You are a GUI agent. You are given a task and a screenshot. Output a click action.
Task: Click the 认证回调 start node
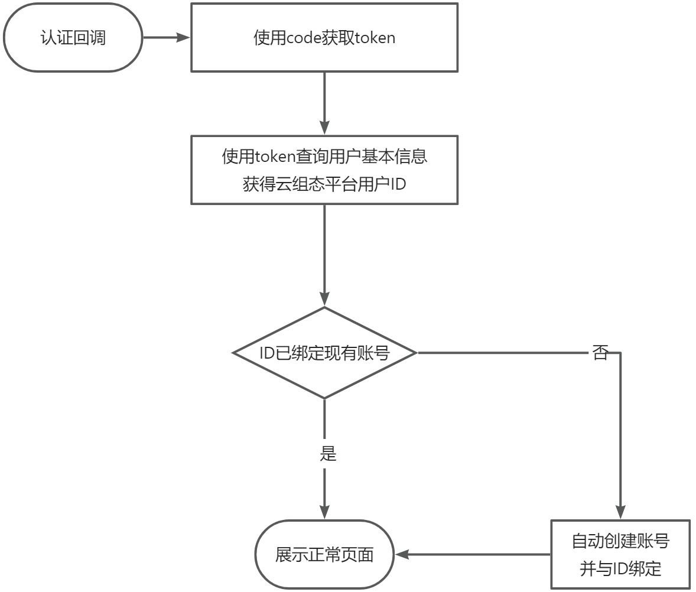tap(73, 38)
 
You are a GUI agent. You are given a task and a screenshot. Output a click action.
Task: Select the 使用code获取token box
tap(324, 38)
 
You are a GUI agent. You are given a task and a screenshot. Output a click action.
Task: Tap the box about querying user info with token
tap(324, 170)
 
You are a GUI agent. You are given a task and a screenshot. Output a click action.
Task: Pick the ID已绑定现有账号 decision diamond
tap(324, 353)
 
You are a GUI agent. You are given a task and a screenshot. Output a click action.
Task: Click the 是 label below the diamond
tap(328, 454)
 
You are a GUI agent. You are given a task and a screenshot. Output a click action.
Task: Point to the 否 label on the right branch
tap(600, 353)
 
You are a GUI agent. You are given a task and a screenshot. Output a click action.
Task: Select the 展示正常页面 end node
tap(324, 555)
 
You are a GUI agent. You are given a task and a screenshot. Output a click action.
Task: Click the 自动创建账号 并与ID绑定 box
tap(620, 554)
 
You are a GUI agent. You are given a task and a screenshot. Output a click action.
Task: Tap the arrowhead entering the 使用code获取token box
tap(184, 38)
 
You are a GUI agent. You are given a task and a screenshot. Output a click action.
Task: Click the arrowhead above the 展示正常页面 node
tap(324, 513)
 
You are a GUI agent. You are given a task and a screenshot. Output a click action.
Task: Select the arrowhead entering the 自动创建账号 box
tap(620, 513)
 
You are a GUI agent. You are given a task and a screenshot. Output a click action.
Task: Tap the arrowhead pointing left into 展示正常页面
tap(402, 555)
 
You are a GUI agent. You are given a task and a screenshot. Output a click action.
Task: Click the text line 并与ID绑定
tap(620, 569)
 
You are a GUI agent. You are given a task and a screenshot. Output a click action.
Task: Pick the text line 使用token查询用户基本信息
tap(324, 157)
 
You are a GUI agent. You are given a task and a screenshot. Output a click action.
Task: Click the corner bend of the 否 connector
tap(620, 353)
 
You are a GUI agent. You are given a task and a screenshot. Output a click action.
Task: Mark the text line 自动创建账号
tap(620, 541)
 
